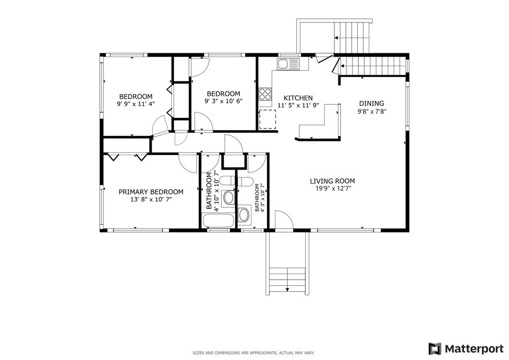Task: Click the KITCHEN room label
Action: (x=298, y=98)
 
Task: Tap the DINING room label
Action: (x=371, y=103)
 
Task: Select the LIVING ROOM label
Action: (x=332, y=181)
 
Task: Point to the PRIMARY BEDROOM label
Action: (x=151, y=192)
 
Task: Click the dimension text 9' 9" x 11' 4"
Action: (x=136, y=104)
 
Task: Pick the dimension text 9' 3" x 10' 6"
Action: (x=223, y=101)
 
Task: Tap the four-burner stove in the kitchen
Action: (x=265, y=94)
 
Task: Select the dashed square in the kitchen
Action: (x=267, y=119)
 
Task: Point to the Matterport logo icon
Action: (x=435, y=349)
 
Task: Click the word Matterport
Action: (x=474, y=349)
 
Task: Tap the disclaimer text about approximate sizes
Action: (x=254, y=353)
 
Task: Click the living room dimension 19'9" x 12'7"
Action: (x=332, y=188)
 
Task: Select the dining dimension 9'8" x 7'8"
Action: (x=372, y=111)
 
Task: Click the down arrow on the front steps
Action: (x=287, y=289)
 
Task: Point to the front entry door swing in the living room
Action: (x=284, y=220)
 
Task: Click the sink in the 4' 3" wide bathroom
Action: (x=244, y=214)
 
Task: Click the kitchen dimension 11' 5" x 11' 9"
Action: (x=298, y=105)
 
